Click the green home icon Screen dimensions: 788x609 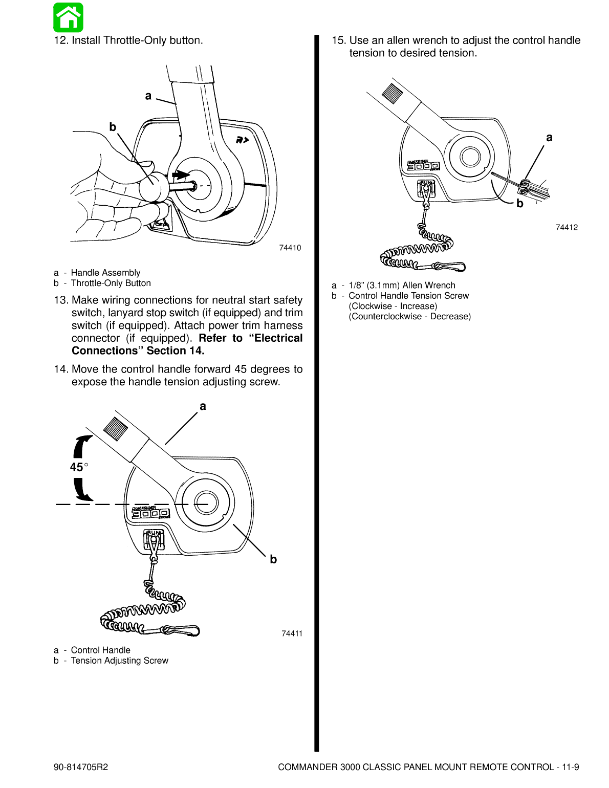click(68, 17)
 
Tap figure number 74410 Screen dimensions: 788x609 click(290, 248)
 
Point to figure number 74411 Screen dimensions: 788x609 click(292, 633)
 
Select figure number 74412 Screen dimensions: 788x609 click(567, 227)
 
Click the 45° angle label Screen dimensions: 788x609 click(78, 467)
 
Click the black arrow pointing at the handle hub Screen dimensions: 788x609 click(180, 175)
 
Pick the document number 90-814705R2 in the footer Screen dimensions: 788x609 click(81, 767)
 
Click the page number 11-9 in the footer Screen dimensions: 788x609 click(570, 767)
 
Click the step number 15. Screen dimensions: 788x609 click(338, 40)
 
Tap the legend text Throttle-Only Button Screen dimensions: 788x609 click(111, 283)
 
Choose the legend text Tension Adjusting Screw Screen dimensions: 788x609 click(119, 661)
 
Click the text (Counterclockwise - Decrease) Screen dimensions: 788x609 click(409, 316)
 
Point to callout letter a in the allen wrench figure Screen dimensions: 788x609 click(549, 137)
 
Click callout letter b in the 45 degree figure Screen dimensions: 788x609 click(273, 559)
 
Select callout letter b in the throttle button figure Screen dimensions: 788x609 click(113, 127)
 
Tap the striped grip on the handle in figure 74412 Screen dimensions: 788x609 click(393, 94)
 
